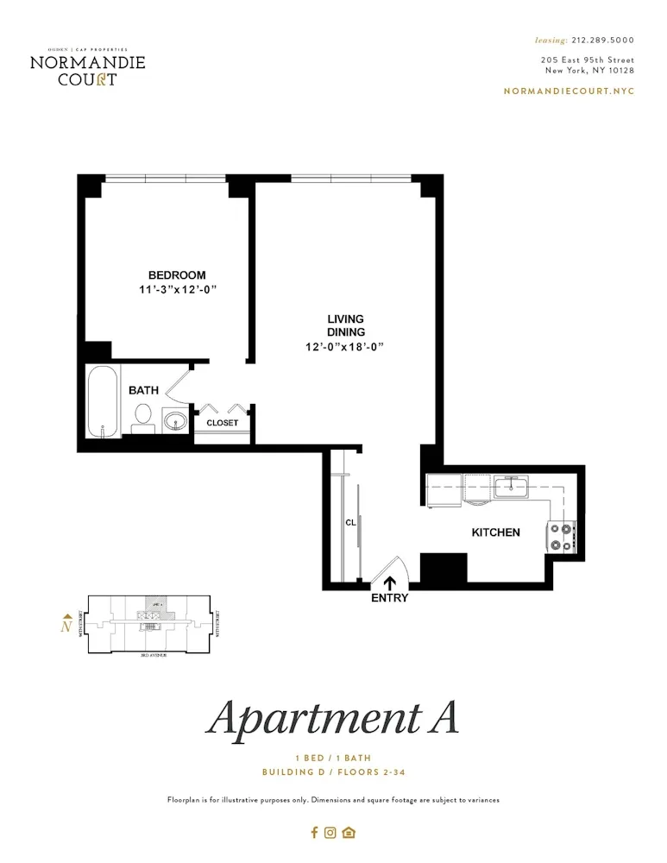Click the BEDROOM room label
[x=176, y=275]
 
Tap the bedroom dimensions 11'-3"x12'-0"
[x=176, y=290]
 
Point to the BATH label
[x=143, y=391]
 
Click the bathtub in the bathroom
[x=102, y=402]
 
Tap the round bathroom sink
[x=175, y=421]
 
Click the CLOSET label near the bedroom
[x=222, y=423]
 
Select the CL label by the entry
[x=350, y=522]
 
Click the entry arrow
[x=389, y=583]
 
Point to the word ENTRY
[x=389, y=597]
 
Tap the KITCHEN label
[x=495, y=532]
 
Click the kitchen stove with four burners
[x=562, y=536]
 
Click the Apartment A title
[x=332, y=718]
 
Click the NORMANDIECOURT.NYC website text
[x=568, y=91]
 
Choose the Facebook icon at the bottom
[x=314, y=833]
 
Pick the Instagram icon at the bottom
[x=330, y=833]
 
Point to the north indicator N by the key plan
[x=66, y=626]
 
